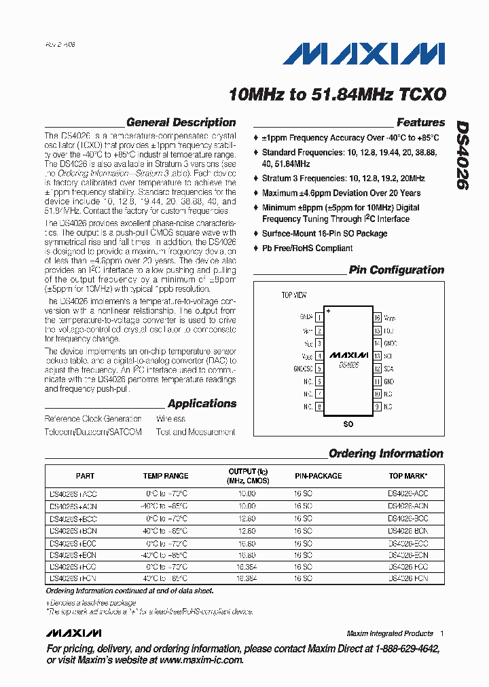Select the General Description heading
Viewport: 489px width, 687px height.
[x=181, y=123]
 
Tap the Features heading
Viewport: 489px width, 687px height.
[x=420, y=123]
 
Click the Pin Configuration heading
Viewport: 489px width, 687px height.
[x=396, y=270]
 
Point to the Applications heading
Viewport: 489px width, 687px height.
[x=202, y=404]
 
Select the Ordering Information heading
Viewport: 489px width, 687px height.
[x=385, y=453]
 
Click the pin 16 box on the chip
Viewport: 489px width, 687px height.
[x=377, y=317]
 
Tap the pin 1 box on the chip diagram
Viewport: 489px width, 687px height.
[x=319, y=317]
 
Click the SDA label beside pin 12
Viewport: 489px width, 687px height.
[x=388, y=369]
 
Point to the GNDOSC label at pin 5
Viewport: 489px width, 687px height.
[x=303, y=369]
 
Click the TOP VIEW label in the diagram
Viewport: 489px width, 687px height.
[x=294, y=295]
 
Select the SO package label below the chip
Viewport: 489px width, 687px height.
[x=348, y=423]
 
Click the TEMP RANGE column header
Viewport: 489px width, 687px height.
[x=166, y=476]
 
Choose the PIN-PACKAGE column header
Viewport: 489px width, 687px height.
[x=318, y=476]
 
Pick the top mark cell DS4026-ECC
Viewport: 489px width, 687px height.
[x=407, y=543]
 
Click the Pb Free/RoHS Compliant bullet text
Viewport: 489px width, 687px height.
[x=307, y=248]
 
